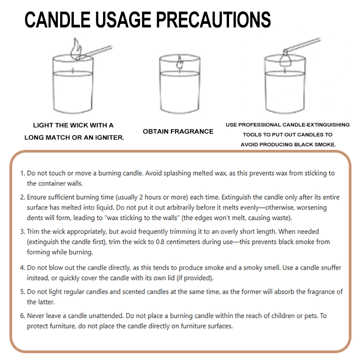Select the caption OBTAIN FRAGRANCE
pyautogui.click(x=178, y=131)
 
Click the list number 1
pyautogui.click(x=22, y=173)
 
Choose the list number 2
pyautogui.click(x=22, y=198)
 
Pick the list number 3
pyautogui.click(x=22, y=232)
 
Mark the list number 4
pyautogui.click(x=22, y=268)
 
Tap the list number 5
pyautogui.click(x=22, y=292)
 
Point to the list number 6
pyautogui.click(x=22, y=316)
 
